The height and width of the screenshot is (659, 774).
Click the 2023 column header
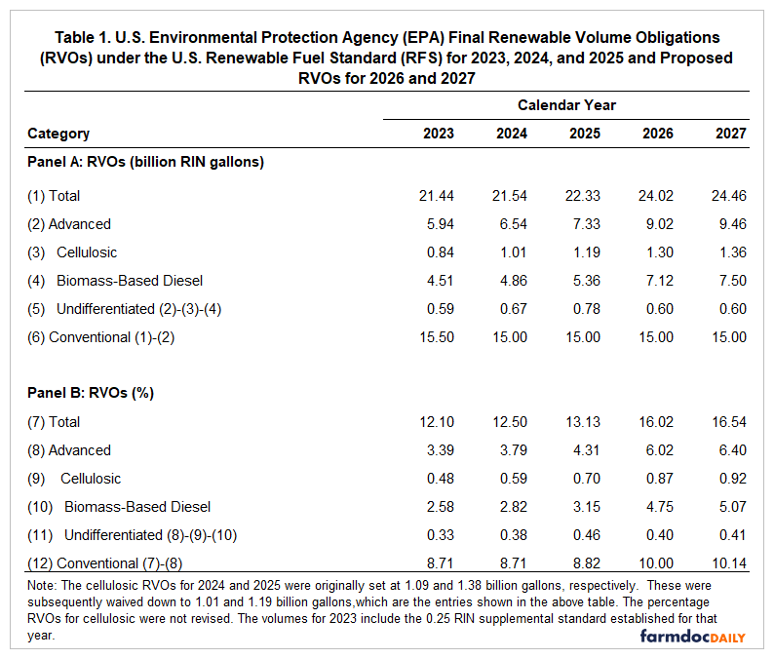439,134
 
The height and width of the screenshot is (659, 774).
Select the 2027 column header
729,134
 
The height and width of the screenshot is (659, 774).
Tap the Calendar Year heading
566,105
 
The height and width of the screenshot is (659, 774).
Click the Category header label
58,134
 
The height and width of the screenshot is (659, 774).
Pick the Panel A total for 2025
583,196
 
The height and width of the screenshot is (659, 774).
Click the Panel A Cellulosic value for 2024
512,252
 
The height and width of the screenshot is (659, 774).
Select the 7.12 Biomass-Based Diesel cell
658,281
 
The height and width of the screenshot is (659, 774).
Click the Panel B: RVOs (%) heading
91,394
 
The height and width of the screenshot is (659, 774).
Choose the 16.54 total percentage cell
729,422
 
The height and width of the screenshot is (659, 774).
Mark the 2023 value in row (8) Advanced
439,450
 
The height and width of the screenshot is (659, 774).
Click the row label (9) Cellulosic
82,479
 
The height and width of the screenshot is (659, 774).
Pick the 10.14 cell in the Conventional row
729,563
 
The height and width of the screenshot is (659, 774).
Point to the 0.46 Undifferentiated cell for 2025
583,535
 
